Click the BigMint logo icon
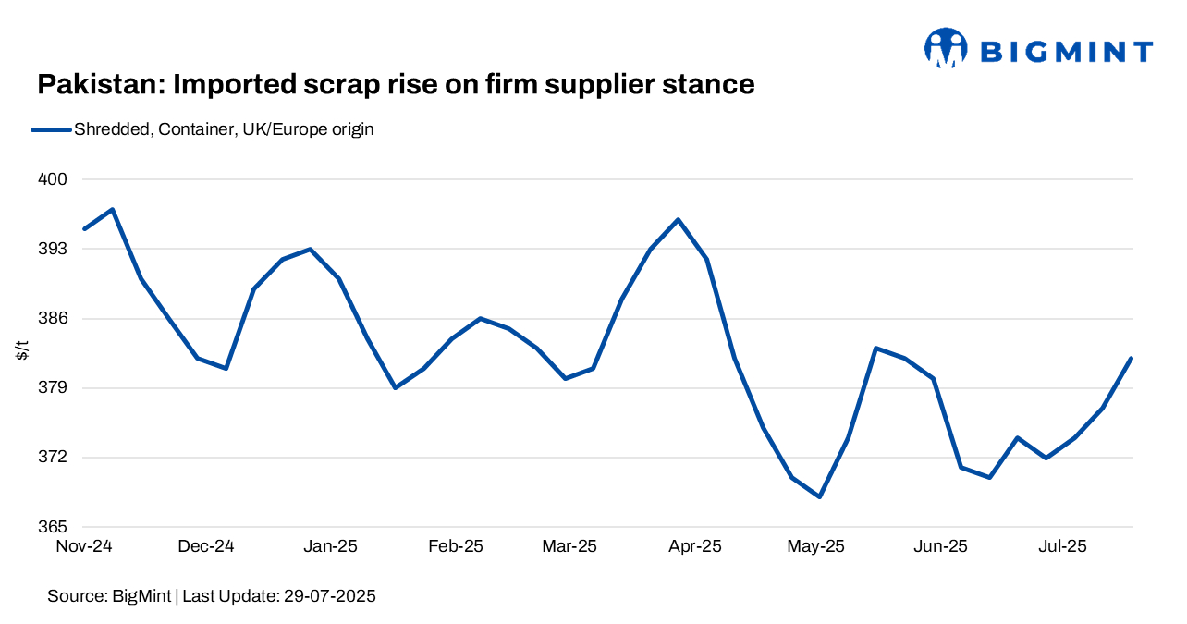pos(945,48)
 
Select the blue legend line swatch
pos(51,130)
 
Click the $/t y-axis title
pos(22,352)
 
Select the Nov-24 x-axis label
pos(84,546)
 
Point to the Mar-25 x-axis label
pos(569,546)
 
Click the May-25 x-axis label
pos(815,546)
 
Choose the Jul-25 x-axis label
pos(1062,546)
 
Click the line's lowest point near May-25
pos(819,497)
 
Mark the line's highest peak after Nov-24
pos(113,210)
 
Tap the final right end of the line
pos(1131,359)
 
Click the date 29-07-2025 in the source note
pos(327,597)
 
